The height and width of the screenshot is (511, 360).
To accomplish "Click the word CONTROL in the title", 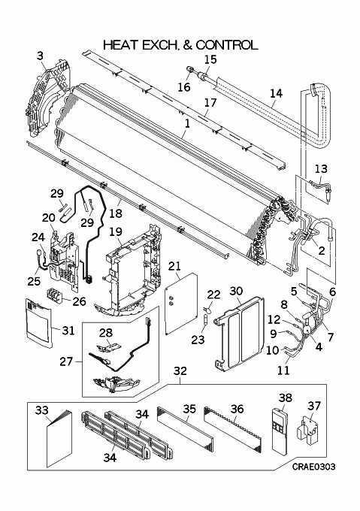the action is pos(227,45).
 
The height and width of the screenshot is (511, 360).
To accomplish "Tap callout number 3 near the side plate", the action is pos(40,56).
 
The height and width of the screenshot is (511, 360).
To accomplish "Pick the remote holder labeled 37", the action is pos(308,431).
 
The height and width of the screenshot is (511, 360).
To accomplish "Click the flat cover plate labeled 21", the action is pos(181,304).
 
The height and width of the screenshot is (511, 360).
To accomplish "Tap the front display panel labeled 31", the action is pos(38,322).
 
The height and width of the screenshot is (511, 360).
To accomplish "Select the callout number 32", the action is pos(180,370).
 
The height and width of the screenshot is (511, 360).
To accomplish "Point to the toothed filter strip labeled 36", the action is pos(233,429).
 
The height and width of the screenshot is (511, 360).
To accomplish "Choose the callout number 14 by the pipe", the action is pos(276,93).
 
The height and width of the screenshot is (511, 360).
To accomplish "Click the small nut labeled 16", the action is pos(189,69).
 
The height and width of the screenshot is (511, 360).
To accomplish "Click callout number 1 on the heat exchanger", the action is pos(186,123).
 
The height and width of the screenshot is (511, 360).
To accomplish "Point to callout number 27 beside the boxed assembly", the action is pos(66,361).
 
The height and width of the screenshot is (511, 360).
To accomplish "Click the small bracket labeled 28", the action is pos(107,347).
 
